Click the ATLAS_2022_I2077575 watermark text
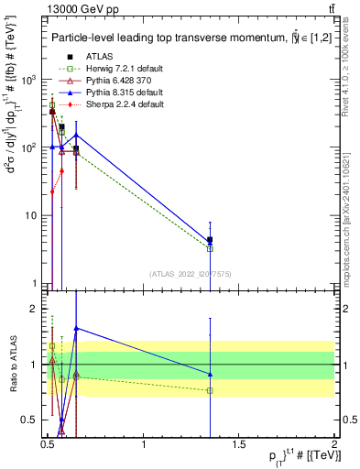190,274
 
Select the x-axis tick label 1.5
239,453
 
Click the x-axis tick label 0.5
49,453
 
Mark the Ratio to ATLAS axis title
12,365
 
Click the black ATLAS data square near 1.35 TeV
211,240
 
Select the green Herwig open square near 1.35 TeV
211,248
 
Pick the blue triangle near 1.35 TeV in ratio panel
211,374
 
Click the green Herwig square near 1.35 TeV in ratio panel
211,390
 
